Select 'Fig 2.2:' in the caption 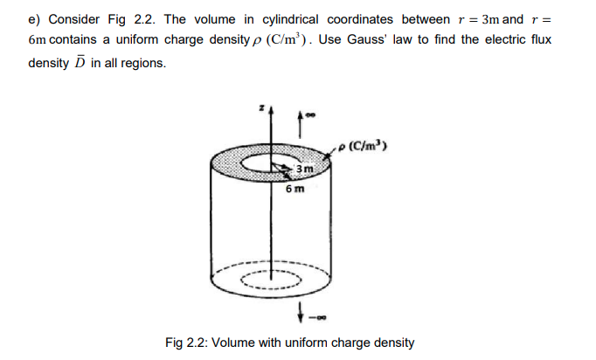click(186, 342)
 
